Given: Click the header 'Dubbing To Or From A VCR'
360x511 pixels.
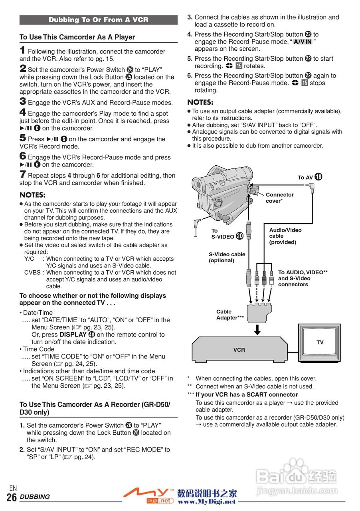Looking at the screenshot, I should point(98,20).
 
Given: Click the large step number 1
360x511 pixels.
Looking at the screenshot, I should point(23,50).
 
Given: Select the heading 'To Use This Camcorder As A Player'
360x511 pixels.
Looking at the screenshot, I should point(77,37).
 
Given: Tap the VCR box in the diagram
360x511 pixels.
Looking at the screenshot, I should point(239,349).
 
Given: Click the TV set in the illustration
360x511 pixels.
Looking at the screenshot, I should point(319,343).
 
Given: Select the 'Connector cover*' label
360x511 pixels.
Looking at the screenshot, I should point(279,198).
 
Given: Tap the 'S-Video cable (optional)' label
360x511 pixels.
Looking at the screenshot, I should point(227,257).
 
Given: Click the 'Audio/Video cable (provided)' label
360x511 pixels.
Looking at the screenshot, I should point(285,236).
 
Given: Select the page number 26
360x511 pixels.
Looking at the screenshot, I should point(12,497).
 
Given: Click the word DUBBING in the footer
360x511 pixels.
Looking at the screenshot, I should point(35,497).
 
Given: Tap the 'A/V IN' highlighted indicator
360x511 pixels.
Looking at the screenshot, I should point(303,42).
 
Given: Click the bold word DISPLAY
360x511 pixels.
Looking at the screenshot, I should point(73,335).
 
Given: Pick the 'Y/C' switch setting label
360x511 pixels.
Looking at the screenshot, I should point(29,259).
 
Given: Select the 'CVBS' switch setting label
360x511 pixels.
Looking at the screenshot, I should point(32,273).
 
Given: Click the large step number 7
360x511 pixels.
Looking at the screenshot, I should point(23,174).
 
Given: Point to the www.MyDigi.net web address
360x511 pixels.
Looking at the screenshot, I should point(206,501).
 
